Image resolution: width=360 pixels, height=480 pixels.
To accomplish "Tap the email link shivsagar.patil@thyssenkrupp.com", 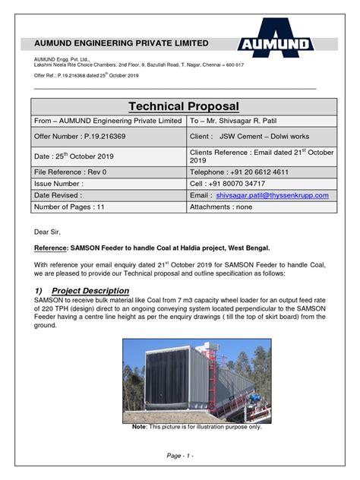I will pyautogui.click(x=272, y=195).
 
